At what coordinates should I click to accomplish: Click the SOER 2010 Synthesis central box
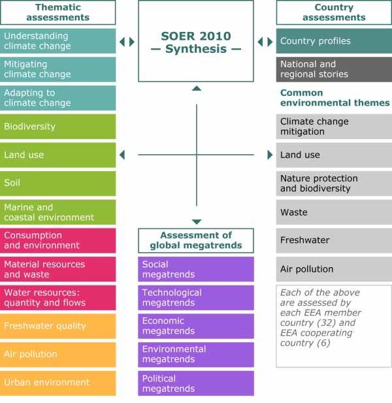click(196, 41)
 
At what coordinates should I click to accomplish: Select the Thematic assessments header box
click(58, 12)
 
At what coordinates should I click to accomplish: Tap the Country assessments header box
click(334, 12)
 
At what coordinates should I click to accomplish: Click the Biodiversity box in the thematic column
click(58, 127)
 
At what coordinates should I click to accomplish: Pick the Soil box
click(58, 184)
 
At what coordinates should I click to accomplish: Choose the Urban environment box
click(58, 383)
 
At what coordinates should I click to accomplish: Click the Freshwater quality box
click(58, 326)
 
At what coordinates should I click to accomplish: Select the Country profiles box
click(334, 41)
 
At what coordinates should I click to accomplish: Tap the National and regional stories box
click(334, 69)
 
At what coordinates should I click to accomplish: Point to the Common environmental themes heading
click(334, 98)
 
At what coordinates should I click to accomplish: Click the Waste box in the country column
click(334, 212)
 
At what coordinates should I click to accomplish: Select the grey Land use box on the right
click(334, 155)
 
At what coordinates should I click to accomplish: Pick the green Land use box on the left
click(58, 155)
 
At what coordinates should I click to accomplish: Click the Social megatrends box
click(196, 269)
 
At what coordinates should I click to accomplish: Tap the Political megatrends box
click(196, 383)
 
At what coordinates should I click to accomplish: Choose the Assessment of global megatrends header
click(196, 240)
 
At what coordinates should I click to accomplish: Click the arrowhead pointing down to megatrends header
click(197, 222)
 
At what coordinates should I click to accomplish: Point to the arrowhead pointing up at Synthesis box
click(197, 88)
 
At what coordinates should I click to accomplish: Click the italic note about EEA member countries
click(334, 326)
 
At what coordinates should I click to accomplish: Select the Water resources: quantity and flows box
click(58, 297)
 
